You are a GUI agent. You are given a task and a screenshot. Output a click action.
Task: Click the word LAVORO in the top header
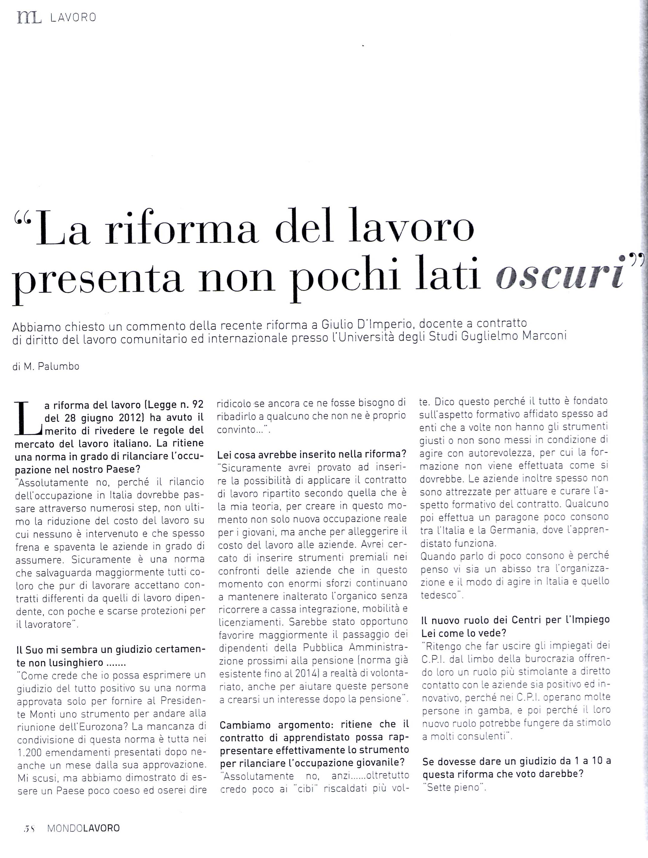(x=73, y=18)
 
